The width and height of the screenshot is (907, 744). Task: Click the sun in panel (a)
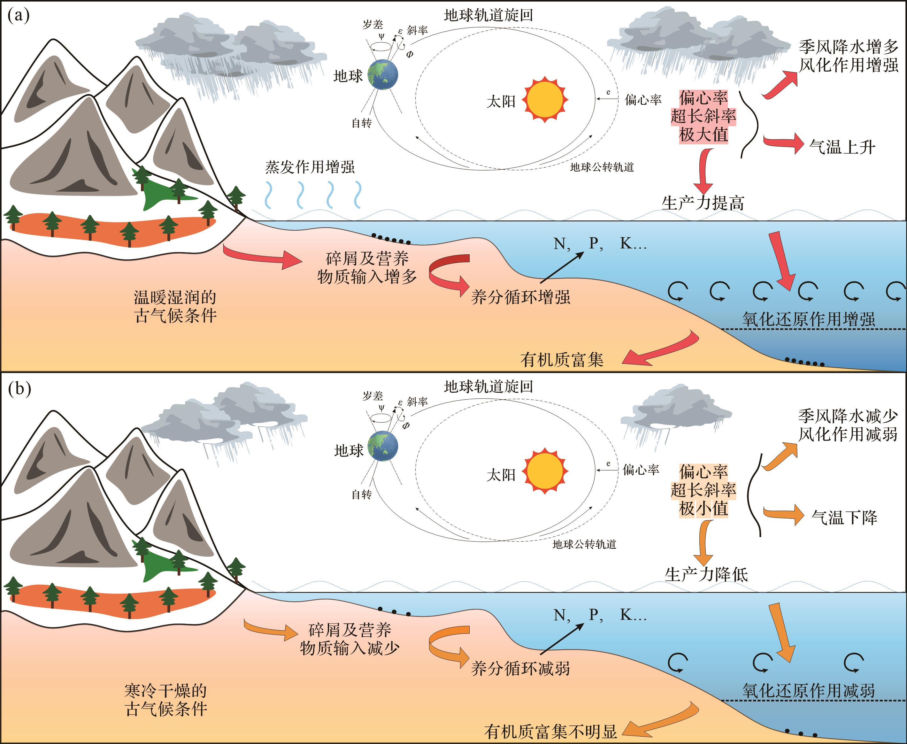click(x=545, y=99)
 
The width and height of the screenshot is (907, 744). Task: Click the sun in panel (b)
click(x=545, y=471)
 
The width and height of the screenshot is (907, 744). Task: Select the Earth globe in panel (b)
click(x=382, y=447)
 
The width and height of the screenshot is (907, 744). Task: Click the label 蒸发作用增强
click(x=310, y=167)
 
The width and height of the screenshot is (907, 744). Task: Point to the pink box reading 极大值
click(x=703, y=134)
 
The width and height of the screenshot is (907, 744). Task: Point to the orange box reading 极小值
click(x=703, y=509)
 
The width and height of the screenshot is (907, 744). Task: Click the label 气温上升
click(x=842, y=147)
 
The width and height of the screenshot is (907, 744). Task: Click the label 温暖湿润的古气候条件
click(x=175, y=306)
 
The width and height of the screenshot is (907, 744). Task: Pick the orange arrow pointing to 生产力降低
click(x=703, y=542)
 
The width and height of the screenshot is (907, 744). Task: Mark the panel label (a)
click(x=19, y=16)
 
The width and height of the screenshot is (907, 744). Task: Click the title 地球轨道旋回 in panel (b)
click(x=488, y=387)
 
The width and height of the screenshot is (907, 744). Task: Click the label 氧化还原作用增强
click(x=808, y=319)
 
